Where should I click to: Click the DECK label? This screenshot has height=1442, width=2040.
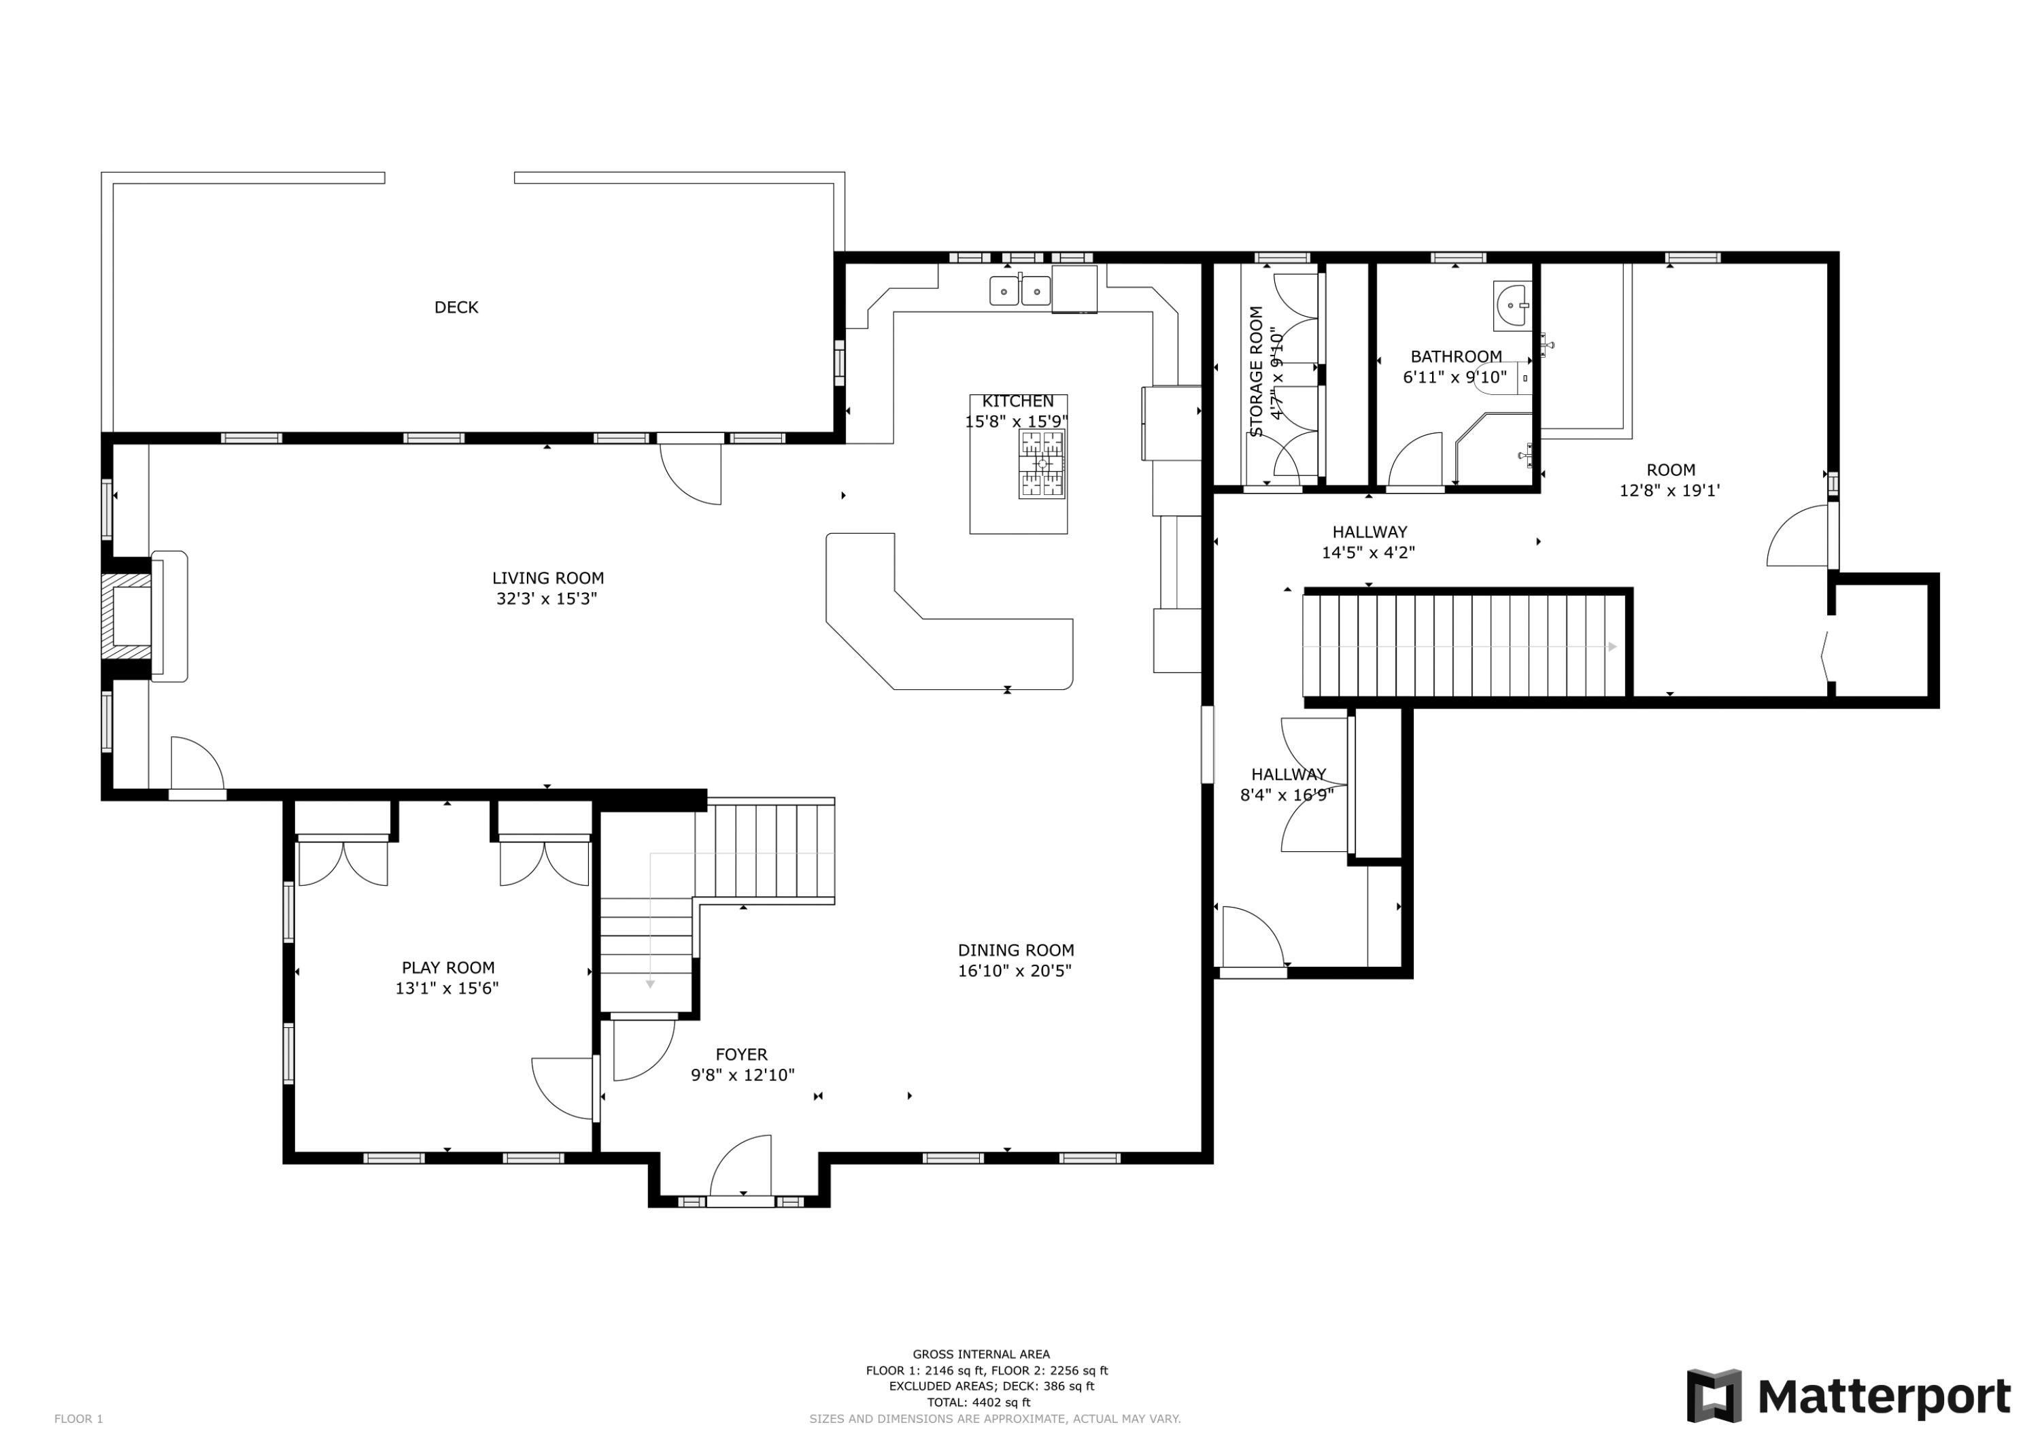tap(456, 307)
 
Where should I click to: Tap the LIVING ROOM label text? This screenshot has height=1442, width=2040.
tap(547, 579)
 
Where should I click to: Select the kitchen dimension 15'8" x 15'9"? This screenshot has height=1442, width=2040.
tap(1017, 422)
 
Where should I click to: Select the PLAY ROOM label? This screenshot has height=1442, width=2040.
tap(448, 967)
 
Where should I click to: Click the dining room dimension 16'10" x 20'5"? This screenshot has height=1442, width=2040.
tap(1015, 971)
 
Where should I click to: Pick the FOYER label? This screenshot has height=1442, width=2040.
tap(741, 1054)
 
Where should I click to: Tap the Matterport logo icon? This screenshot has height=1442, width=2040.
tap(1714, 1396)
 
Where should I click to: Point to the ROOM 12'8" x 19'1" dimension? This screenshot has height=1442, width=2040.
tap(1669, 490)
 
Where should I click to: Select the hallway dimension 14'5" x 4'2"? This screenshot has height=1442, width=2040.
tap(1368, 553)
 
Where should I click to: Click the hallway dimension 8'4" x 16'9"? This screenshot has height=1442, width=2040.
tap(1287, 795)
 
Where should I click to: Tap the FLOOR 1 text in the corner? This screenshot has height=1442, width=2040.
tap(78, 1419)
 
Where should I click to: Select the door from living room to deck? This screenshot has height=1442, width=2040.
tap(690, 471)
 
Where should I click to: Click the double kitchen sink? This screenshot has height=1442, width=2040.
tap(1020, 290)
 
